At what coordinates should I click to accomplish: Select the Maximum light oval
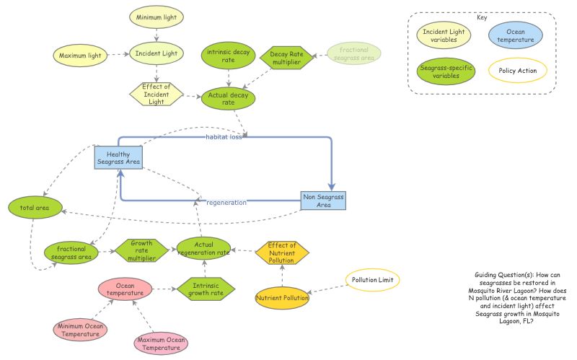[80, 54]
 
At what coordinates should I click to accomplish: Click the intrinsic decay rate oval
[228, 55]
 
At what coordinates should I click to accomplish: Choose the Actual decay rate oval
[228, 98]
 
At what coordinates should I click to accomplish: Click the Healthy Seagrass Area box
[118, 159]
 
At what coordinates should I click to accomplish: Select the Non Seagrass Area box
[323, 201]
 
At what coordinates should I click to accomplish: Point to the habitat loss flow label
[223, 136]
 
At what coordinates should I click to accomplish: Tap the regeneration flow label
[226, 203]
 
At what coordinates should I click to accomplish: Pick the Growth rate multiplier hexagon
[141, 250]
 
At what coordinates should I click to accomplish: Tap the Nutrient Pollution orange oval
[282, 297]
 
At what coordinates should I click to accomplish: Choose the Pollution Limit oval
[371, 279]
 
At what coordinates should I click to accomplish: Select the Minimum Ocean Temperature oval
[81, 330]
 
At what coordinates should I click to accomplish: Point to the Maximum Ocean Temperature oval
[161, 343]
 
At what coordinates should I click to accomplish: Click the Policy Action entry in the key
[518, 71]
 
